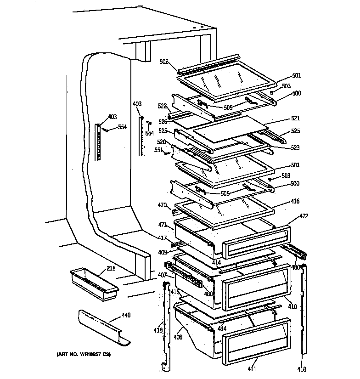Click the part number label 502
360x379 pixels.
(165, 62)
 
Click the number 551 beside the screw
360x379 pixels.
(157, 150)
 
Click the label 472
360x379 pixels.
(304, 216)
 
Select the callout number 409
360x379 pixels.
(163, 252)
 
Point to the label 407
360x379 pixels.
(162, 276)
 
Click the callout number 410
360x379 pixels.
(292, 306)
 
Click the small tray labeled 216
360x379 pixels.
(93, 284)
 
